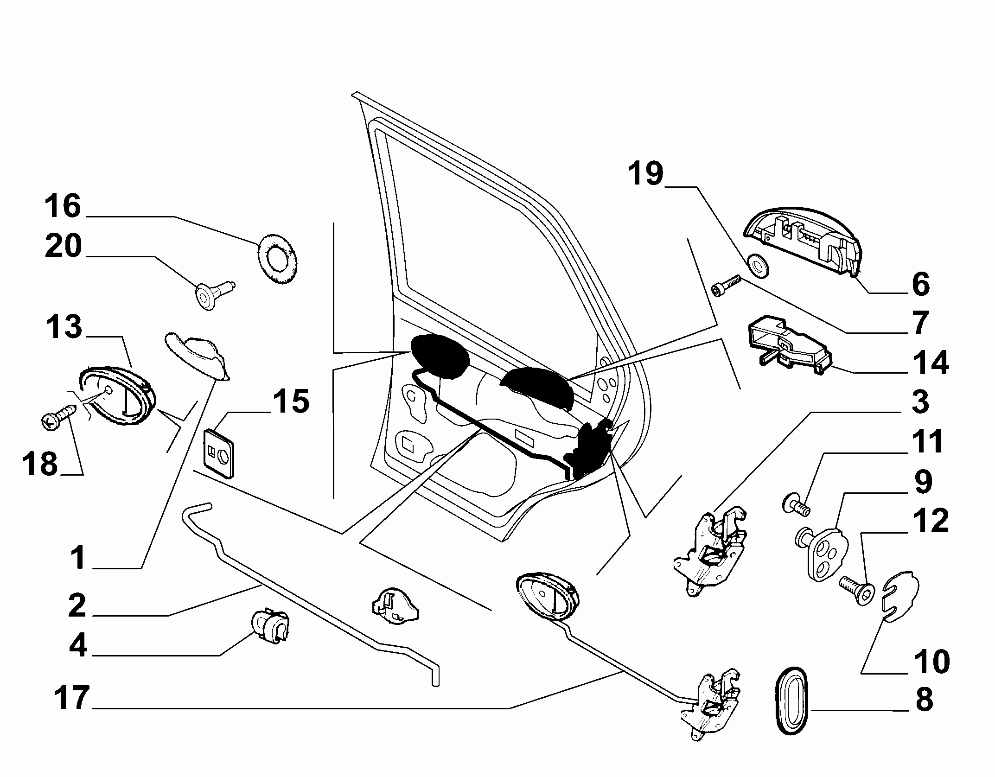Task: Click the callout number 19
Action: tap(646, 174)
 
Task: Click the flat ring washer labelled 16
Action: tap(277, 259)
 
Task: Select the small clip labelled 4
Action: tap(270, 626)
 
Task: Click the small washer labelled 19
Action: tap(759, 266)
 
